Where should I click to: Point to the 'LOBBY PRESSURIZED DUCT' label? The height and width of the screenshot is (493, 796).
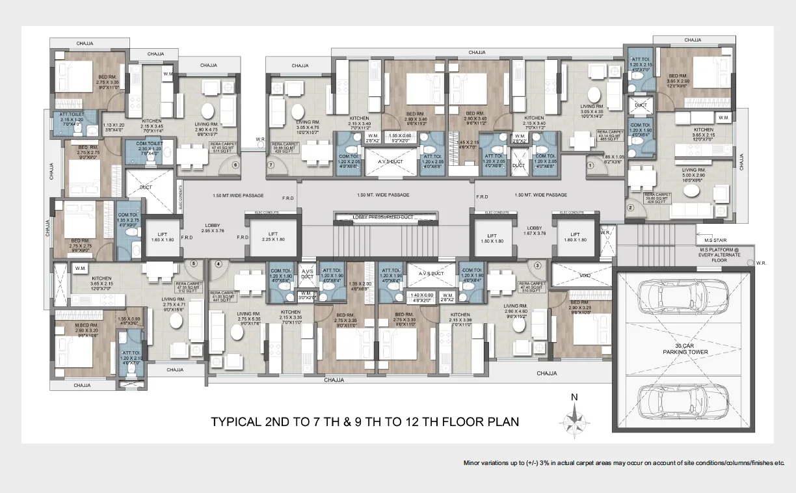pos(383,217)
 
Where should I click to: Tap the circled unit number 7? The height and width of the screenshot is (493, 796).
pos(272,165)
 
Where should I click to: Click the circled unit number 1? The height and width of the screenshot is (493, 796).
pos(590,165)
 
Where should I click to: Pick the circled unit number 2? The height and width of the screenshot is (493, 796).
pos(630,208)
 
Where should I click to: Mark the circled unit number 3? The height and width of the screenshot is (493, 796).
pos(537,265)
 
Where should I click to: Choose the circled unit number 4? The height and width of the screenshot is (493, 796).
pos(219,264)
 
